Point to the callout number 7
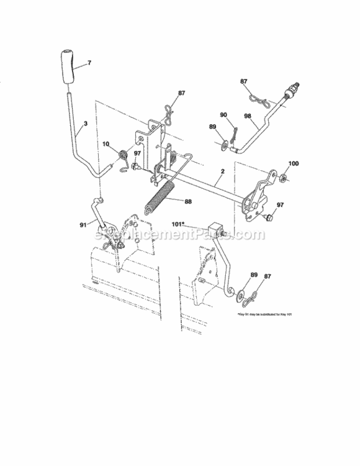coord(89,63)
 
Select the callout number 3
coord(85,124)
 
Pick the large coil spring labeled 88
coord(160,198)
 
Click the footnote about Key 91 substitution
coord(264,316)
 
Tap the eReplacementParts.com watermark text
coord(180,235)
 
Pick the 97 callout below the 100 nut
coord(280,204)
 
